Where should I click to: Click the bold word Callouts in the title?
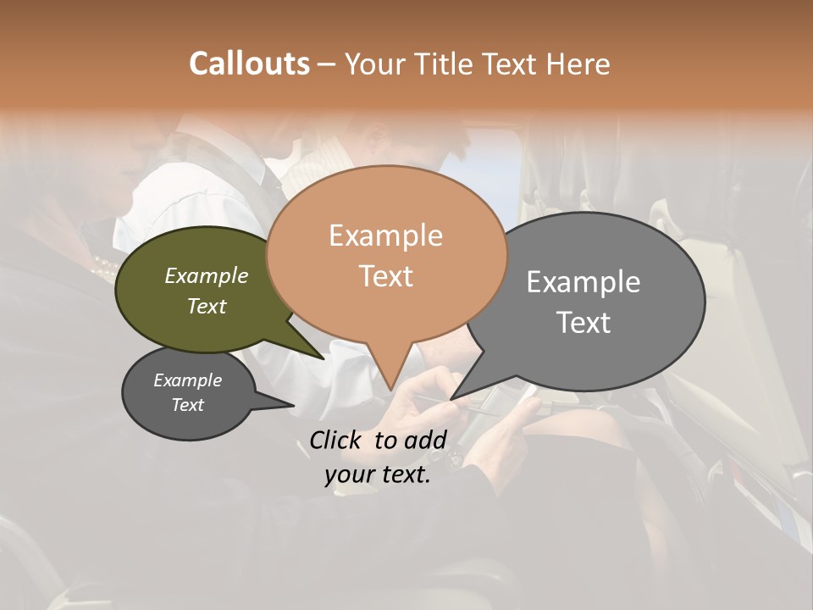click(249, 64)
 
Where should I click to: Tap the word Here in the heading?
click(580, 64)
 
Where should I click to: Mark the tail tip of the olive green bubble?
click(324, 358)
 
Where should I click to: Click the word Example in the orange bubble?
click(385, 236)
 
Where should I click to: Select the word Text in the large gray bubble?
click(583, 323)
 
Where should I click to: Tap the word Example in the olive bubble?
click(206, 276)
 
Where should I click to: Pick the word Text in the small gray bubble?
click(187, 405)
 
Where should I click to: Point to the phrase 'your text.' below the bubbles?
click(378, 475)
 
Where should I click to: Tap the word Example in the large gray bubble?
click(583, 282)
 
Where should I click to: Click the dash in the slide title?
click(327, 64)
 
